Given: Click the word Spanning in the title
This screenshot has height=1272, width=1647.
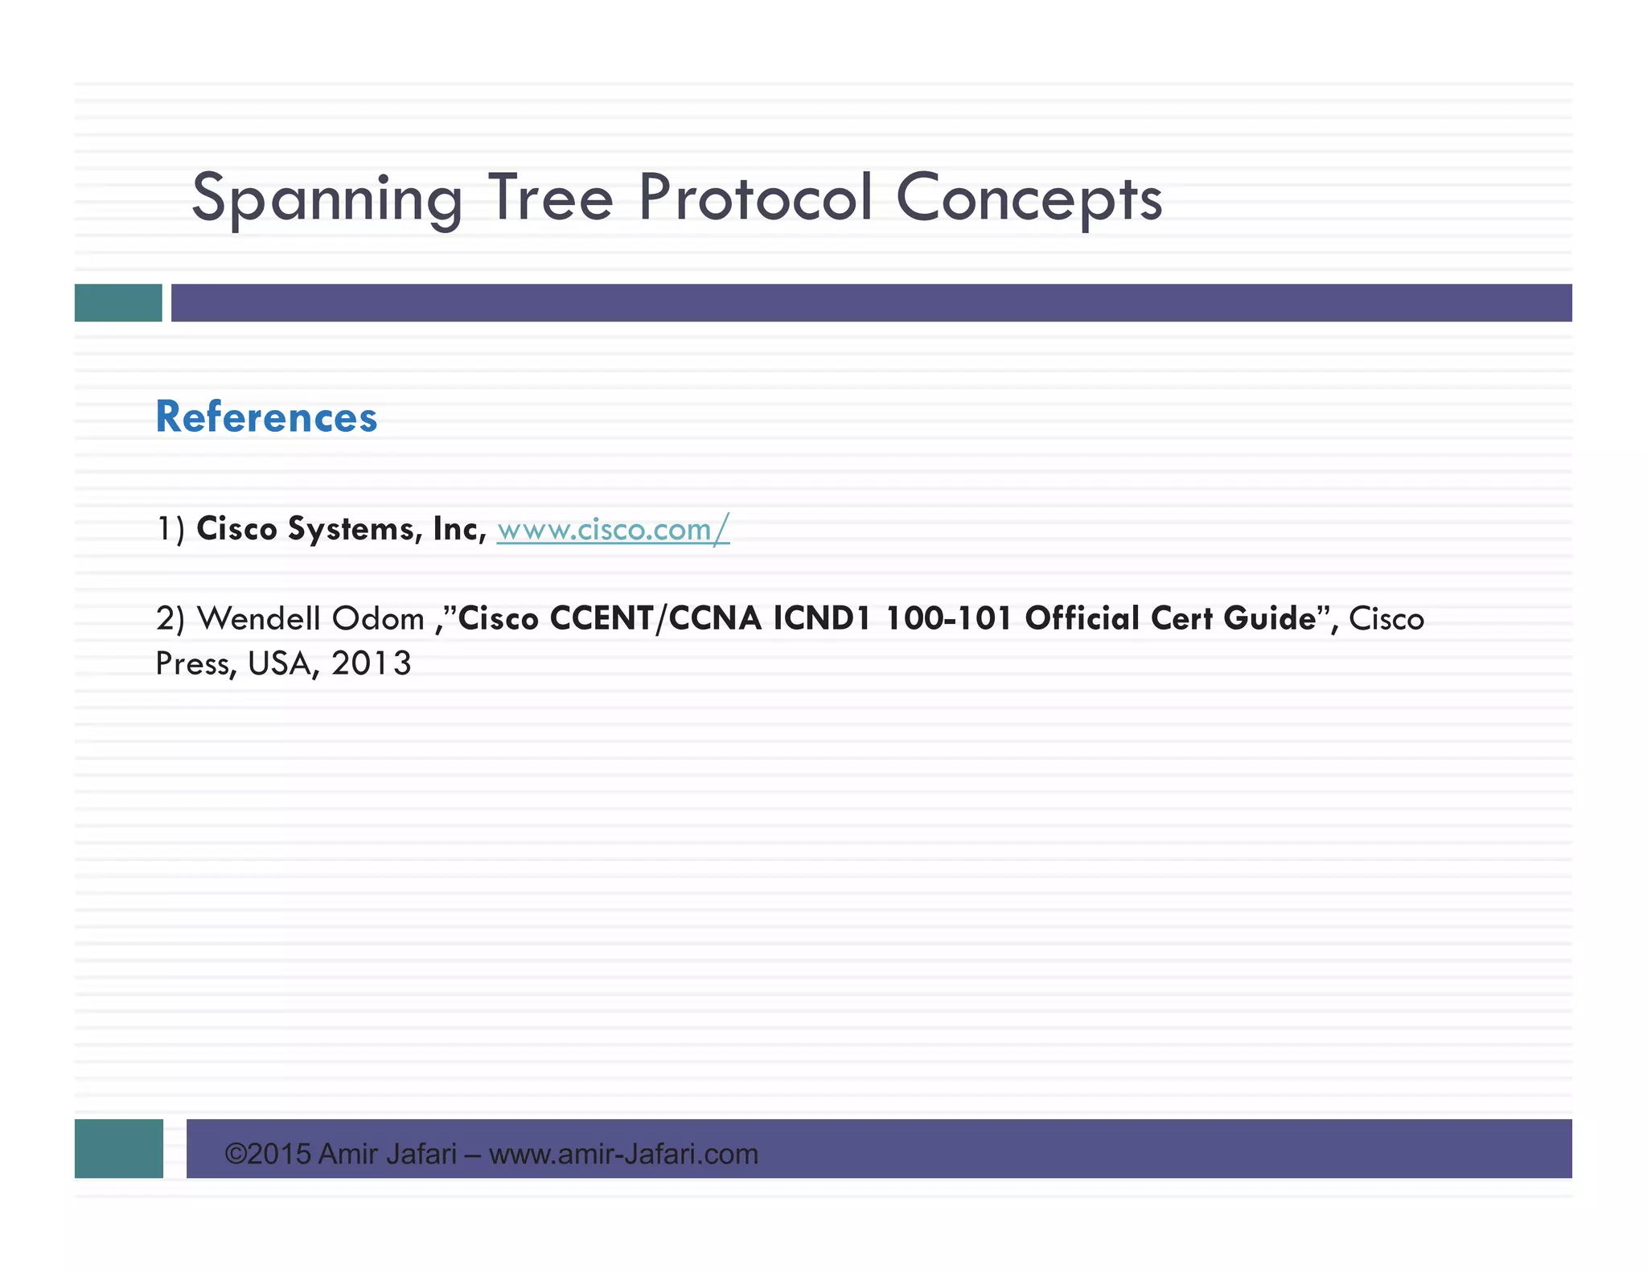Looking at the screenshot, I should (327, 198).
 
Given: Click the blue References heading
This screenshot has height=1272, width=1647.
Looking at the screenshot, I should (266, 417).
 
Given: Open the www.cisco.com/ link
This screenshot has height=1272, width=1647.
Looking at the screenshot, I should (613, 529).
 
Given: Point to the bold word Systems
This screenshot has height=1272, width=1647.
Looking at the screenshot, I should (355, 529).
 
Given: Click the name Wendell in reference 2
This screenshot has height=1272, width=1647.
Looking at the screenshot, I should (258, 618).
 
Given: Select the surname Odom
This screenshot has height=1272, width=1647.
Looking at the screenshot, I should (378, 618).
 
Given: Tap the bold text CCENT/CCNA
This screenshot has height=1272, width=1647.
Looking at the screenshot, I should (655, 618).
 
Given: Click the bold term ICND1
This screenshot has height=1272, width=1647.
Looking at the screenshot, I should (822, 618).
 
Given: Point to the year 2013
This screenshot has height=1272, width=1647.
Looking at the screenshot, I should (371, 663).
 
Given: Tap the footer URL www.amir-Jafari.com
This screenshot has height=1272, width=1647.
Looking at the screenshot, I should (623, 1155).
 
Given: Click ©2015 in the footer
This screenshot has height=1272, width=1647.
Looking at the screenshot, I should (268, 1155).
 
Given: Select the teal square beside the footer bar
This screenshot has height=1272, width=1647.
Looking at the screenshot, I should (119, 1148).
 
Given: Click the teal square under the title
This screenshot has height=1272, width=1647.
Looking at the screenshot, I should (118, 302).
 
